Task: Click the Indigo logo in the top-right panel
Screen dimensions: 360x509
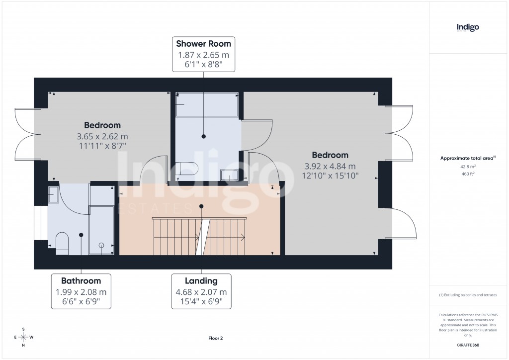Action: click(468, 27)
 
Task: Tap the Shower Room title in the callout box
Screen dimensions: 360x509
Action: click(204, 44)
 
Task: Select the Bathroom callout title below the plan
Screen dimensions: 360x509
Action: click(81, 280)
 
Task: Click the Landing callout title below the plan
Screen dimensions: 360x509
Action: click(201, 280)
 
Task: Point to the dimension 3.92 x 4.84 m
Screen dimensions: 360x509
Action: click(330, 167)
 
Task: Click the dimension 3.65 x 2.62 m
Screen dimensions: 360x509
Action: click(102, 136)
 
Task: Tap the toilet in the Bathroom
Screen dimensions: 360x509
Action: click(62, 243)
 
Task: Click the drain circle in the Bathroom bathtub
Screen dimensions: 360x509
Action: click(101, 245)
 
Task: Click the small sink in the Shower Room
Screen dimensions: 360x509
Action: click(229, 174)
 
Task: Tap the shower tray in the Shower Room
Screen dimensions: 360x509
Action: click(206, 104)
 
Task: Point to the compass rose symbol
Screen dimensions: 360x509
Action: click(23, 337)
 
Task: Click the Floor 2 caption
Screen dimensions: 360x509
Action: click(215, 338)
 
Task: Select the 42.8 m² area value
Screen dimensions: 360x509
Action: click(468, 167)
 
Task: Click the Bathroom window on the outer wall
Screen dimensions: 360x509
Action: click(37, 223)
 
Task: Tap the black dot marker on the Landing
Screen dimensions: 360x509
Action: click(201, 206)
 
